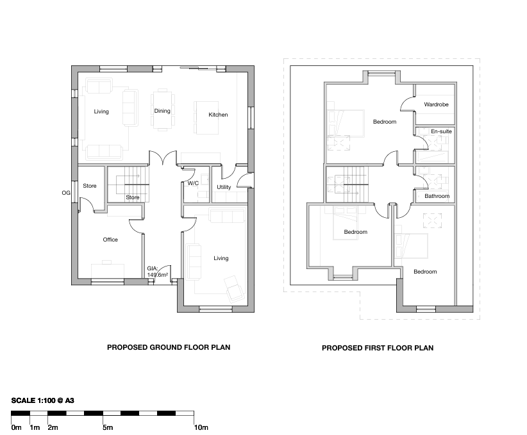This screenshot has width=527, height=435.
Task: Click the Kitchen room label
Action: [218, 115]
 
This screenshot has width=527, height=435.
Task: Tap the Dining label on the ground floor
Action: [162, 111]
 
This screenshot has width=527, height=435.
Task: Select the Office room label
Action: [110, 240]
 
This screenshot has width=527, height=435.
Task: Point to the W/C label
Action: [193, 183]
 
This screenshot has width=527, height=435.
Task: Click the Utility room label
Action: [224, 187]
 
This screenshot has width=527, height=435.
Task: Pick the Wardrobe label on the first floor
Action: [436, 104]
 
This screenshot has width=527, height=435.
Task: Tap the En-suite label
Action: [441, 131]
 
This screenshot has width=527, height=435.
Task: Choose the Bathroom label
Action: [437, 196]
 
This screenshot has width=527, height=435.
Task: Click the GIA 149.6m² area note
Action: [157, 272]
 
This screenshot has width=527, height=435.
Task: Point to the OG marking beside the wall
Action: [66, 193]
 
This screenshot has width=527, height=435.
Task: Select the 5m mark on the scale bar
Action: [108, 427]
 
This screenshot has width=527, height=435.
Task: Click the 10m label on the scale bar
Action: [201, 427]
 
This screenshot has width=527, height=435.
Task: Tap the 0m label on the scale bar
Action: [16, 427]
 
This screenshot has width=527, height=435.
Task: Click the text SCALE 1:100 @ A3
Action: [43, 400]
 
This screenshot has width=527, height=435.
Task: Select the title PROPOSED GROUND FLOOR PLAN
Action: [169, 347]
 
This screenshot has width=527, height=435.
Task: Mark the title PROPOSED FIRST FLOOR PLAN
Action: [378, 348]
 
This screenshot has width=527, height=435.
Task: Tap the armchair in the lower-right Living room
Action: [234, 289]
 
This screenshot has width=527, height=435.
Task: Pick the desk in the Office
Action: [108, 271]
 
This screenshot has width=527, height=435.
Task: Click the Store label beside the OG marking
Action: [90, 186]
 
